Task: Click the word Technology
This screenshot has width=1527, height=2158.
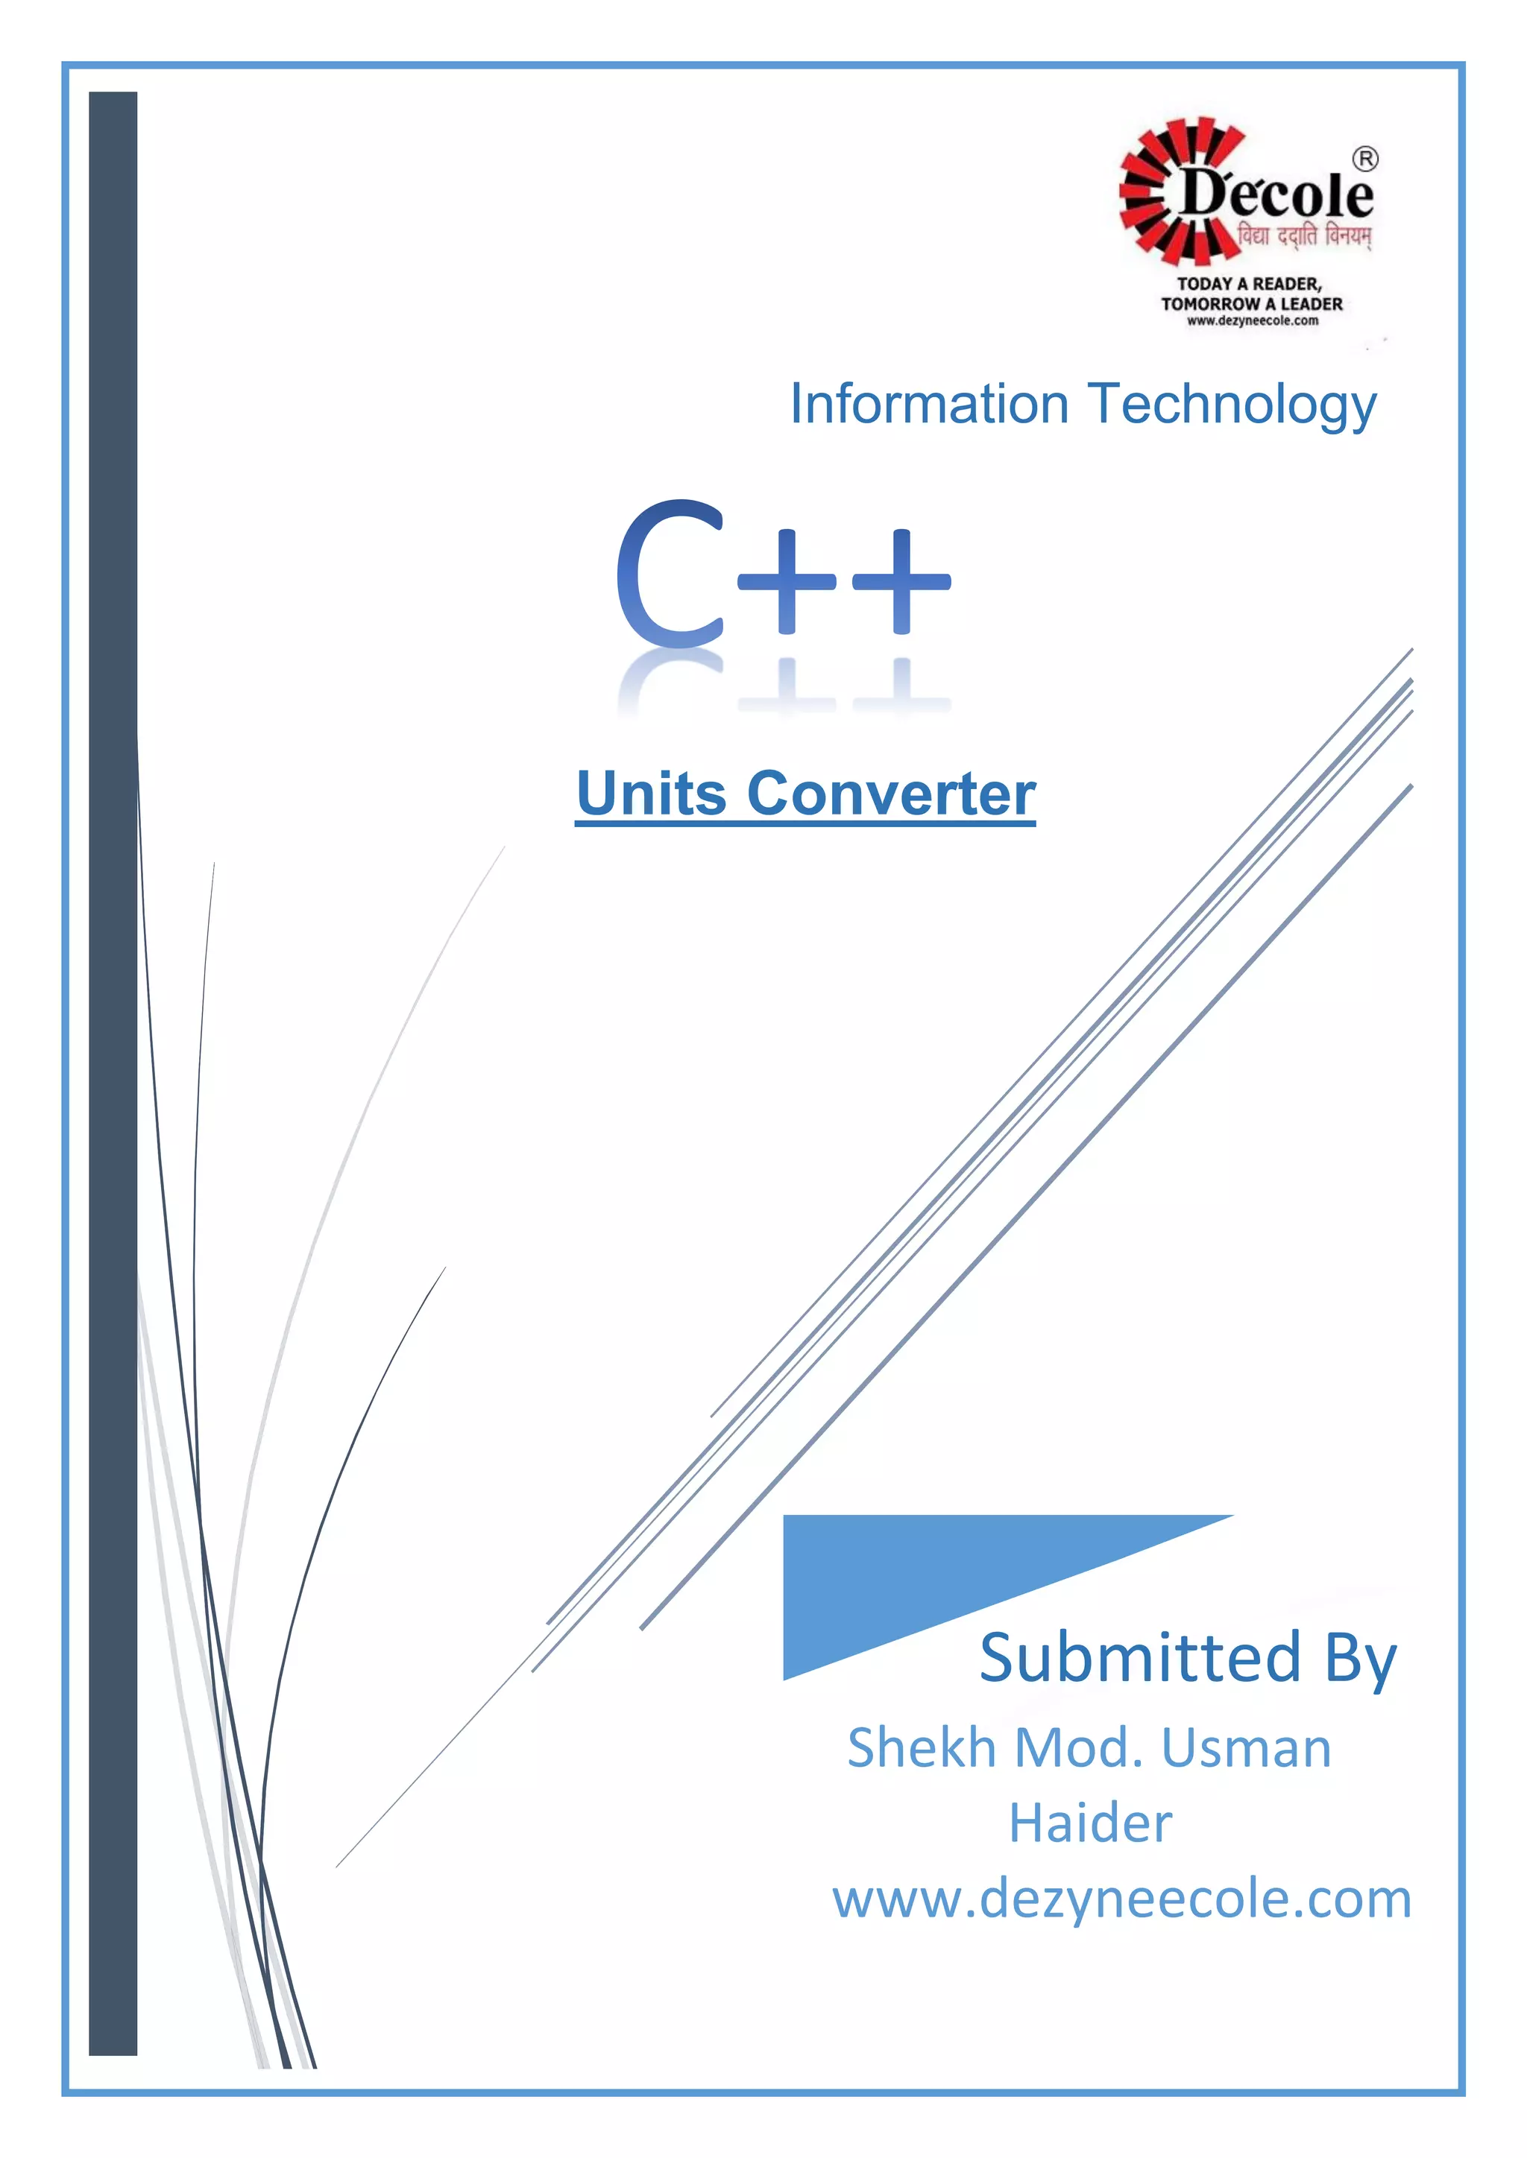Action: click(1232, 406)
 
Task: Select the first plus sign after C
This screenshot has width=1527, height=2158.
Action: click(787, 580)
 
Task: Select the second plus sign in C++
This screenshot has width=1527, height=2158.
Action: click(901, 580)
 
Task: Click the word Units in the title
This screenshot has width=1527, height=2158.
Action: click(652, 794)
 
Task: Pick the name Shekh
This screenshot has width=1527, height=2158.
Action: click(922, 1748)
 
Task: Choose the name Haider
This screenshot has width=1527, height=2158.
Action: click(1091, 1823)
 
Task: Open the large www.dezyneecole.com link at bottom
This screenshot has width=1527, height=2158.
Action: click(1121, 1899)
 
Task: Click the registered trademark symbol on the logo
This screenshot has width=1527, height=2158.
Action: click(1365, 159)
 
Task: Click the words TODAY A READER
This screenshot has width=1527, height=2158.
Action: click(1249, 284)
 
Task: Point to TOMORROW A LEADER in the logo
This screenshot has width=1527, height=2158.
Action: click(1252, 303)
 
